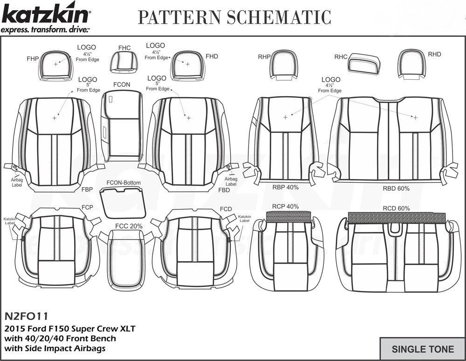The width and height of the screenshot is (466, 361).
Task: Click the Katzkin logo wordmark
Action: [x=46, y=16]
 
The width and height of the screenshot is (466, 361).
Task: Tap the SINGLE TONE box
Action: [x=422, y=349]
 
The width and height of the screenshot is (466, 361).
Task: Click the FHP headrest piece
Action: [x=56, y=65]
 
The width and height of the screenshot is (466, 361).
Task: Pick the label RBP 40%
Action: [x=285, y=187]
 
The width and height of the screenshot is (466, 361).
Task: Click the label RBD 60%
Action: [x=396, y=188]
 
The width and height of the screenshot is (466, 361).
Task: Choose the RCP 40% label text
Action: [x=285, y=206]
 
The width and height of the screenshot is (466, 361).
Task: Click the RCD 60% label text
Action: [x=396, y=208]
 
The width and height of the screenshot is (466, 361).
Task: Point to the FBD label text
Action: [x=224, y=190]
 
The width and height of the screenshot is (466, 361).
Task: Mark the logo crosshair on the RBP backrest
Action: [x=285, y=117]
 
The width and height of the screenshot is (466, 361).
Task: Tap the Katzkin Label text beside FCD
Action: [x=245, y=219]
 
